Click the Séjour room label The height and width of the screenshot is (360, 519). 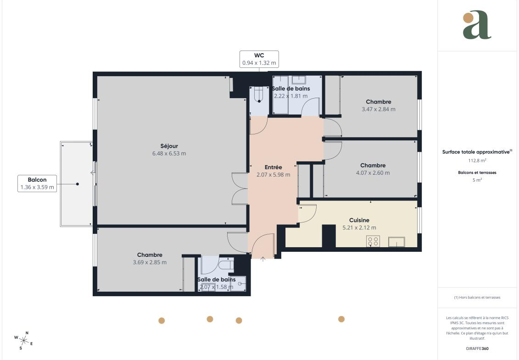(169, 146)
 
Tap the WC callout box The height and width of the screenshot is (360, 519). (259, 59)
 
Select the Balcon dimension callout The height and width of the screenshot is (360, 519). (37, 183)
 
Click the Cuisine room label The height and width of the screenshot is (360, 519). (359, 220)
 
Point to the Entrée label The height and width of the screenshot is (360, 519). (273, 167)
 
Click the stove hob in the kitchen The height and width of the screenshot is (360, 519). (373, 241)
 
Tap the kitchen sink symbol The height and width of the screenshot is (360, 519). (396, 242)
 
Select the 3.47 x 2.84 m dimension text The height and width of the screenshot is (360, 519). (378, 109)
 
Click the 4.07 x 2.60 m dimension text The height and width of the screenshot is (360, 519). (373, 173)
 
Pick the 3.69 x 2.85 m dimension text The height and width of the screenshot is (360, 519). (150, 262)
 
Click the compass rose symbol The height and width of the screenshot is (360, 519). (23, 340)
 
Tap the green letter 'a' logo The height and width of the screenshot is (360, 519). (477, 25)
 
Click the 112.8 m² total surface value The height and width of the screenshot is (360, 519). (477, 161)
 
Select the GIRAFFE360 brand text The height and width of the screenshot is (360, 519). (477, 349)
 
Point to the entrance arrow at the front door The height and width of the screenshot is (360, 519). (263, 259)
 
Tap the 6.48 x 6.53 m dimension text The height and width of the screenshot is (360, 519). (169, 154)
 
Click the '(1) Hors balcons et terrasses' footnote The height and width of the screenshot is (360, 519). (477, 298)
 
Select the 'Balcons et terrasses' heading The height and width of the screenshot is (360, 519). (477, 172)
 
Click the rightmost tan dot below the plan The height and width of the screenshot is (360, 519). (341, 319)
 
